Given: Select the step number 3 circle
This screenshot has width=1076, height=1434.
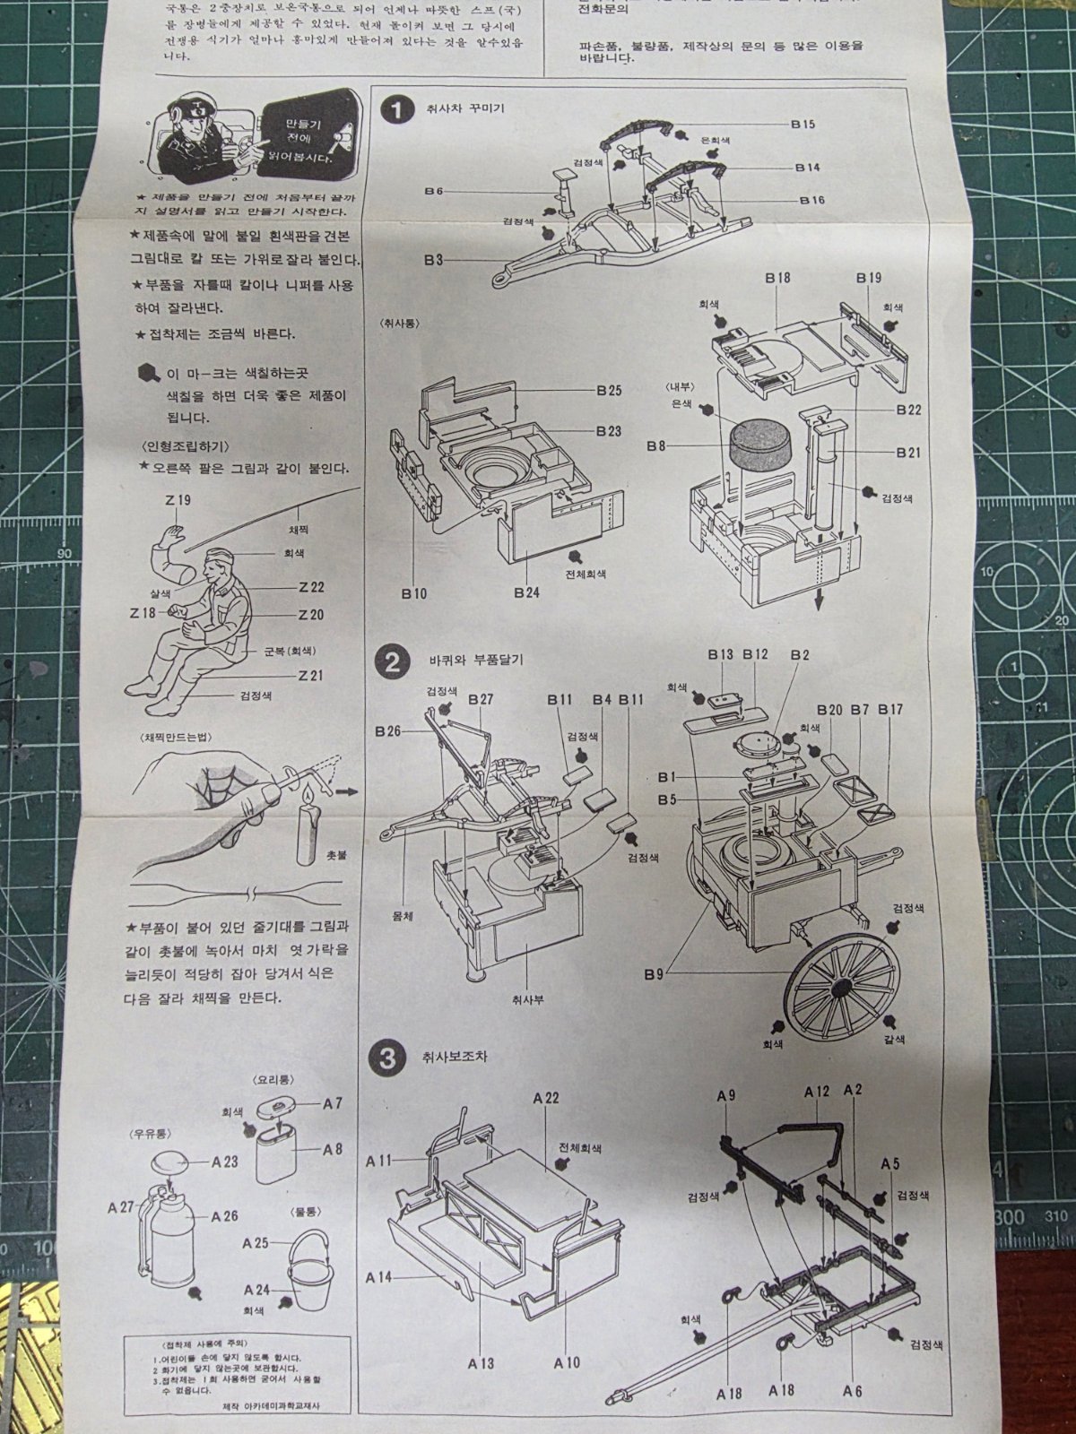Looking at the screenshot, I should point(387,1058).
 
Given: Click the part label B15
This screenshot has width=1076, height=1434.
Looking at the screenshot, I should point(803,125).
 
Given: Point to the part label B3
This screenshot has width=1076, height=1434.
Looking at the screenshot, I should point(434,260).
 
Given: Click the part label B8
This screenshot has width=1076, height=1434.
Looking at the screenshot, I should point(657,445).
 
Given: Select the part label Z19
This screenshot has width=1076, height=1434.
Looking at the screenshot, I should point(178,501).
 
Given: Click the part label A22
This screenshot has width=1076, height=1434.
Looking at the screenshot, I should point(545,1098).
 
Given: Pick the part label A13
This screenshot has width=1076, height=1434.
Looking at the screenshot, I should point(481,1363).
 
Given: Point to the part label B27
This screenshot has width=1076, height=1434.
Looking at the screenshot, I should point(481,699).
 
